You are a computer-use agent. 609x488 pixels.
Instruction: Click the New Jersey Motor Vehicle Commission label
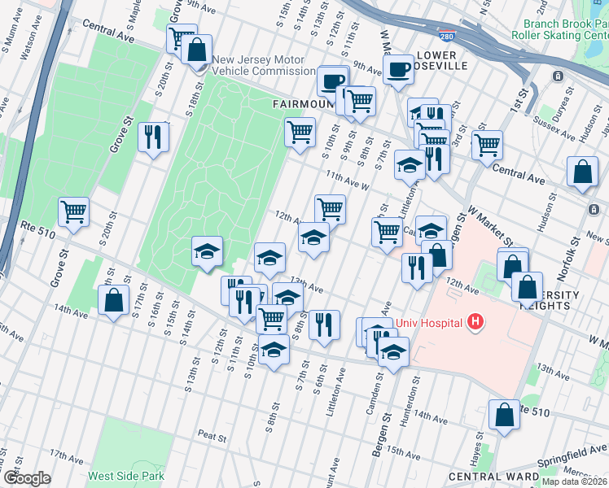(x=258, y=65)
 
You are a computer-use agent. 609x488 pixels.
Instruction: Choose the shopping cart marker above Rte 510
(x=73, y=212)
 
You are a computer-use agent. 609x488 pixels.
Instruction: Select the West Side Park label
(x=126, y=476)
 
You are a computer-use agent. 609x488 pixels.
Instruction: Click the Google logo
(x=26, y=478)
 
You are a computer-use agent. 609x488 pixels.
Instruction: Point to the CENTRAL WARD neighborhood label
(x=493, y=476)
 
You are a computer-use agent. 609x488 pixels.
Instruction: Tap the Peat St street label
(x=212, y=437)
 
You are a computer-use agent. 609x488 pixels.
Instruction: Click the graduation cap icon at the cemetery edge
(x=207, y=251)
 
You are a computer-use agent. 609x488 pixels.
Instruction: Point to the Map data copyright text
(x=573, y=481)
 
